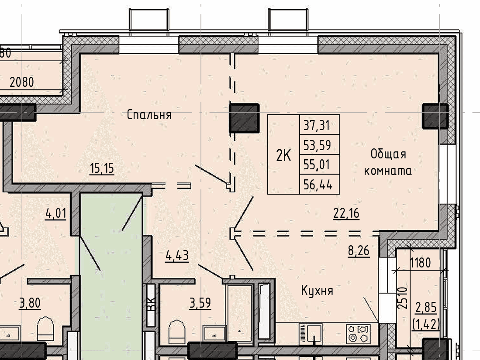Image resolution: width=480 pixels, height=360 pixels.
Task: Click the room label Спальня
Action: (149, 115)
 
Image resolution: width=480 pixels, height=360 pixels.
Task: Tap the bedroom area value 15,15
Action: (102, 168)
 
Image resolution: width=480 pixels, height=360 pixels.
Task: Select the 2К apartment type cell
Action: (283, 155)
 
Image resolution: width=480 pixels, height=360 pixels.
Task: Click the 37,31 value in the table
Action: (317, 125)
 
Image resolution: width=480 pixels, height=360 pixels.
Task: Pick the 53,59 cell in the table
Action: (317, 145)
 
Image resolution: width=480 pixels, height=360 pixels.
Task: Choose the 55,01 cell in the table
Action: (317, 165)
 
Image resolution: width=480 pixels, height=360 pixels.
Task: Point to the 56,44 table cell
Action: (318, 185)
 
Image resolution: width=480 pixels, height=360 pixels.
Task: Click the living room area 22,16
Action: (346, 213)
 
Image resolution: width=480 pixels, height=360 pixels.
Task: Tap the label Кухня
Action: (317, 291)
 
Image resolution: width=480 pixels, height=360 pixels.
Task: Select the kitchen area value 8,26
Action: (359, 251)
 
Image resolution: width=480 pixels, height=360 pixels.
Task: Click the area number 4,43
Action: (177, 255)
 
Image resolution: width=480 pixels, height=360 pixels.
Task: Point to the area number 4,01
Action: (56, 213)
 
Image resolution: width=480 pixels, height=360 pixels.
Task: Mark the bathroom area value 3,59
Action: (200, 303)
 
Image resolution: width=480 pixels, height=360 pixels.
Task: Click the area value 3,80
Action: (30, 303)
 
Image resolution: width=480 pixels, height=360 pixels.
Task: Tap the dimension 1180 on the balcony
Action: (420, 263)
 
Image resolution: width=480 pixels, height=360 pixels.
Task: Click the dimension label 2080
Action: (22, 82)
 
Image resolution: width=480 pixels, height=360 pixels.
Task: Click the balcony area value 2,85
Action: (426, 307)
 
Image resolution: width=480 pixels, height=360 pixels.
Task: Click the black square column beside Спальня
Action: (245, 118)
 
